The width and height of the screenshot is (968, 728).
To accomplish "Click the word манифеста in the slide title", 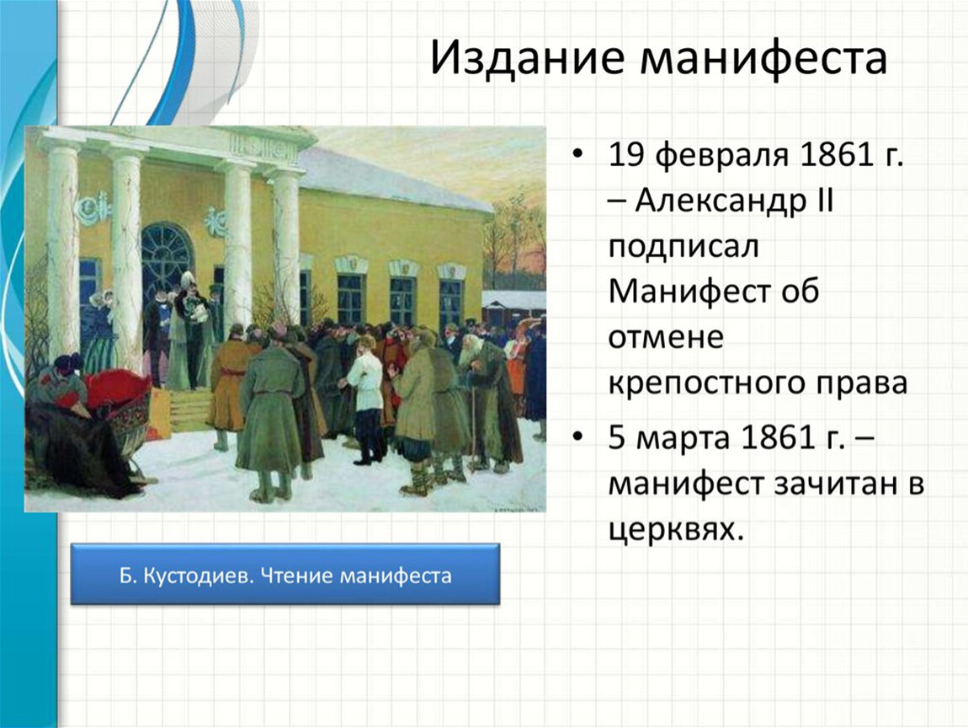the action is click(764, 57).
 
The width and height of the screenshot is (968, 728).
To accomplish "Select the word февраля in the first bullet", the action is click(721, 155).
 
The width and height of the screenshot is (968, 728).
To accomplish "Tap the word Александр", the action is click(720, 201).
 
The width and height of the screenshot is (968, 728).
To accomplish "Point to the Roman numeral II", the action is click(825, 200).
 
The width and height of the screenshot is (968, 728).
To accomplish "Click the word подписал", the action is click(683, 247).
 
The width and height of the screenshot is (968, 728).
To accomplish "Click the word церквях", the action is click(675, 530).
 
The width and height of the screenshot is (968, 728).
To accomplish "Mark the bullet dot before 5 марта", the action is click(577, 437).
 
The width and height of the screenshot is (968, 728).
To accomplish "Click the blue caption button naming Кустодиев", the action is click(285, 574).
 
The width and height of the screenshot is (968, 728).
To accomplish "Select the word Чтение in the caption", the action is click(296, 575).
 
